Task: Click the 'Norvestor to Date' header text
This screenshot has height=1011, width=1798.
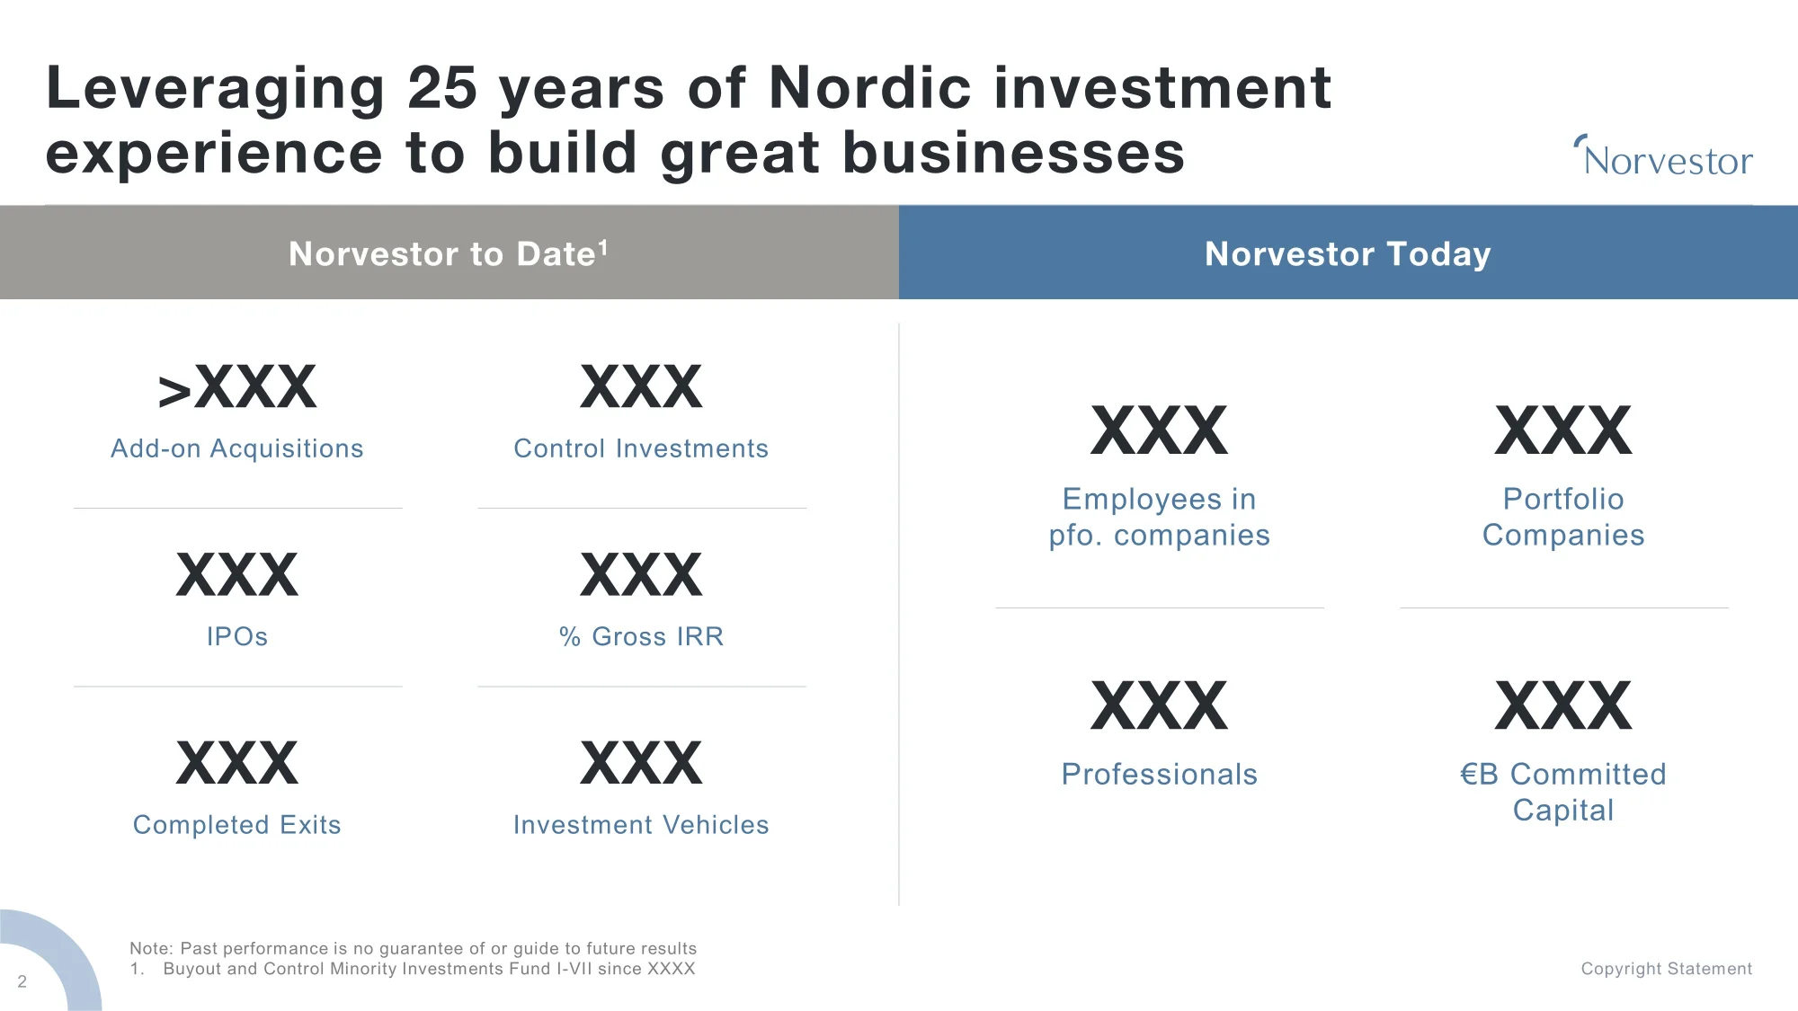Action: [442, 254]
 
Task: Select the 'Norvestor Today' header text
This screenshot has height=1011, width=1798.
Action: [1348, 254]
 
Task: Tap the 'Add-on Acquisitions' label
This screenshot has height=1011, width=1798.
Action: [237, 448]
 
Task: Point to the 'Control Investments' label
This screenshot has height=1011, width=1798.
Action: [641, 448]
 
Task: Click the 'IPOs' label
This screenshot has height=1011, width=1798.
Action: [237, 636]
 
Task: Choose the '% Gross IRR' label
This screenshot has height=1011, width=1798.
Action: [641, 636]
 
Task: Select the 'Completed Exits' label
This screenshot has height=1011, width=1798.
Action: [237, 825]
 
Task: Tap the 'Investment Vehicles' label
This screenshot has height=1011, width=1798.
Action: [641, 825]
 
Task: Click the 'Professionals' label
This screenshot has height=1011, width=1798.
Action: [1160, 774]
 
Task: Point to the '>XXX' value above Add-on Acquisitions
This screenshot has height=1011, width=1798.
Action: [237, 387]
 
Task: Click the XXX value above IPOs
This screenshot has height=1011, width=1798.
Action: [237, 575]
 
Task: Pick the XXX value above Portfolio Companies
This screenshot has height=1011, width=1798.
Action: [1563, 430]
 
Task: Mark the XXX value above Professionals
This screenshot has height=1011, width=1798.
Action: [1160, 706]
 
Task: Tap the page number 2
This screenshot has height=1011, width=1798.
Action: [22, 981]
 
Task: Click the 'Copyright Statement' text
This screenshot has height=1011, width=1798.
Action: [1667, 969]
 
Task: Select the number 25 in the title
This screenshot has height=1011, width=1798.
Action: [441, 88]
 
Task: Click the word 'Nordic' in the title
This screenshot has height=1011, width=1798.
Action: [870, 88]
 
